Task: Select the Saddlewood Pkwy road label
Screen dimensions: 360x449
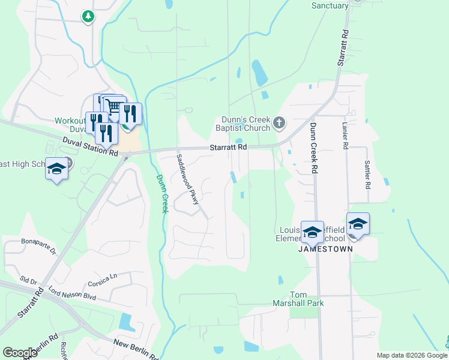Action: tap(187, 179)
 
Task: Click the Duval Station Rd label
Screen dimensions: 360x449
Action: tap(91, 147)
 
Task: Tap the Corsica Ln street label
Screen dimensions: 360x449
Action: tap(102, 280)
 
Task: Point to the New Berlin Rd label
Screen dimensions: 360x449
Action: tap(136, 348)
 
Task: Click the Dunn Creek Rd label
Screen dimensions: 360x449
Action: tap(313, 149)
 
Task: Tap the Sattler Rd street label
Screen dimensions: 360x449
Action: tap(367, 173)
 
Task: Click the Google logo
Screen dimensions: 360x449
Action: tap(20, 353)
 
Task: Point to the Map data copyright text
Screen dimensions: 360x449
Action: tap(412, 355)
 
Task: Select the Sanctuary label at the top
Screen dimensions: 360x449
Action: tap(330, 6)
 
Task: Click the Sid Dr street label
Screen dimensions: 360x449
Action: tap(28, 281)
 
